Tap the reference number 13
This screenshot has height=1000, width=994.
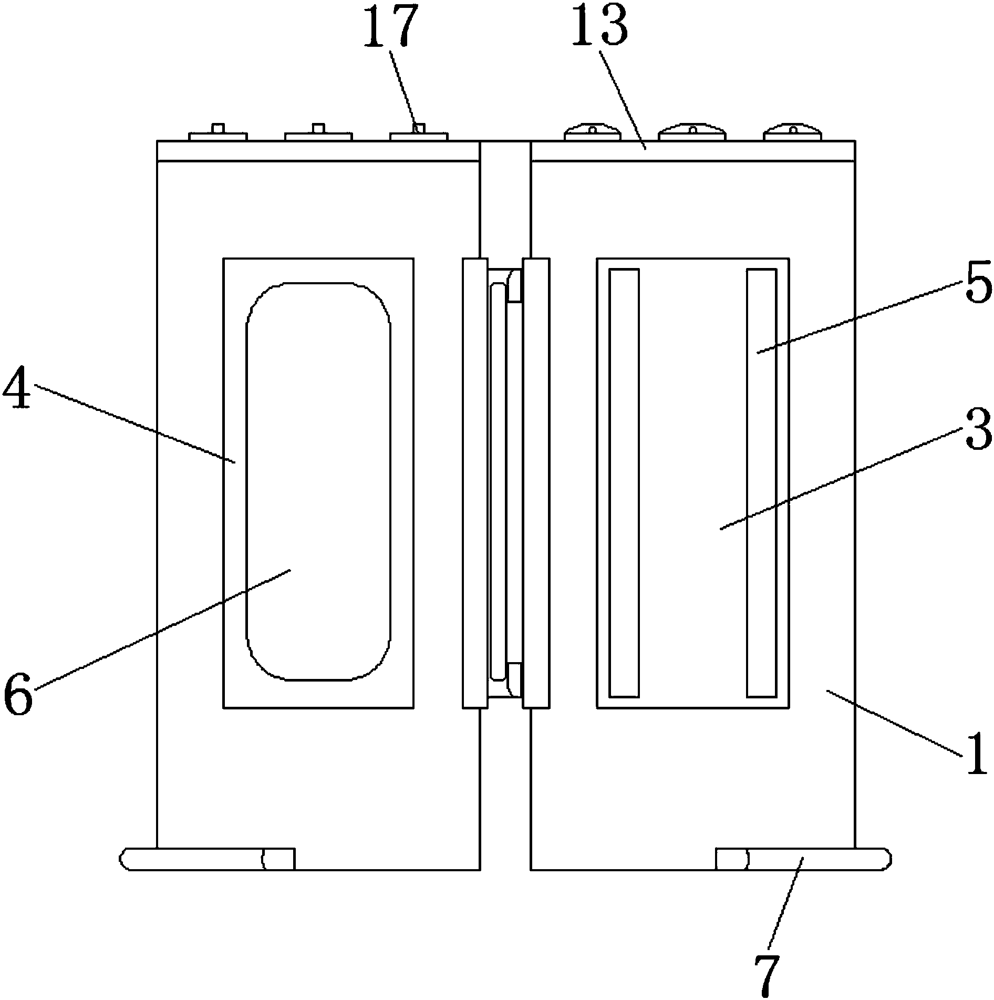(599, 25)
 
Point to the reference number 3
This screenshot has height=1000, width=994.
(978, 431)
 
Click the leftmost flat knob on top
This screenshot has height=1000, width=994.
(218, 135)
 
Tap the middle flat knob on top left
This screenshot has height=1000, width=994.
(318, 135)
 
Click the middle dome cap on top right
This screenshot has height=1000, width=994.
(692, 133)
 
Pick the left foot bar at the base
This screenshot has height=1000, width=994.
(207, 859)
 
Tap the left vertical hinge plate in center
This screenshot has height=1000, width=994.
(475, 482)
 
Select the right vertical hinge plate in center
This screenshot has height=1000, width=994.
(536, 482)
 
